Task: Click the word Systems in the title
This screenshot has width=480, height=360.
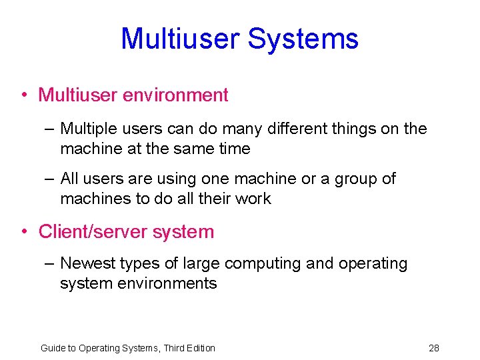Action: [x=303, y=39]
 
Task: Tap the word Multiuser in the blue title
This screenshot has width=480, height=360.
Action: [x=181, y=39]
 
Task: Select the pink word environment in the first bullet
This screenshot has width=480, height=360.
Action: [x=175, y=95]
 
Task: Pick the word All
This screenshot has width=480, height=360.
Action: [x=69, y=179]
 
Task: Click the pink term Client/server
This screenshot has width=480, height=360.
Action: [x=93, y=232]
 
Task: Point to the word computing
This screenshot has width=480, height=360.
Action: [x=263, y=263]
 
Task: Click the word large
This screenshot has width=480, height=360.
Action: [x=204, y=263]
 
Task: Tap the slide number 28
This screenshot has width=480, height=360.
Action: [x=434, y=348]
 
